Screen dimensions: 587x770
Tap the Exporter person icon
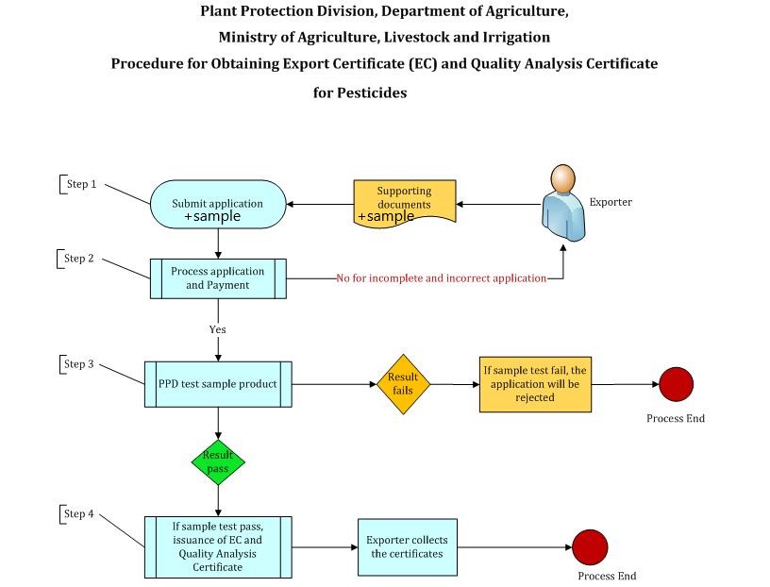[x=562, y=203]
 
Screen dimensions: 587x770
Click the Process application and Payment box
[x=218, y=278]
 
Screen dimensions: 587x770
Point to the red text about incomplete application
[x=441, y=278]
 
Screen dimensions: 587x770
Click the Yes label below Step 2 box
[x=218, y=329]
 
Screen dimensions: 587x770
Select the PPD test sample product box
[x=218, y=384]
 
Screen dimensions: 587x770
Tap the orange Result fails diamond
[x=403, y=384]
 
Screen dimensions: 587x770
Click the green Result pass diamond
[x=218, y=461]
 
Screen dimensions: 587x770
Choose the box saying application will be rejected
[x=535, y=384]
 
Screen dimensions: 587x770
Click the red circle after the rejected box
[x=676, y=384]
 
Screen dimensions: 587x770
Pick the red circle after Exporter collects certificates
[x=590, y=546]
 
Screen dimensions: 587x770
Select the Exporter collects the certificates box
[x=407, y=546]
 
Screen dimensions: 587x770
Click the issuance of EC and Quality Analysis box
[x=218, y=546]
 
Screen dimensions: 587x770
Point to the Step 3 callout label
[x=79, y=364]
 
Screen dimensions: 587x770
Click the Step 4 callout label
[x=79, y=514]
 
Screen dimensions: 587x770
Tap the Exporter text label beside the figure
[x=611, y=202]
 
